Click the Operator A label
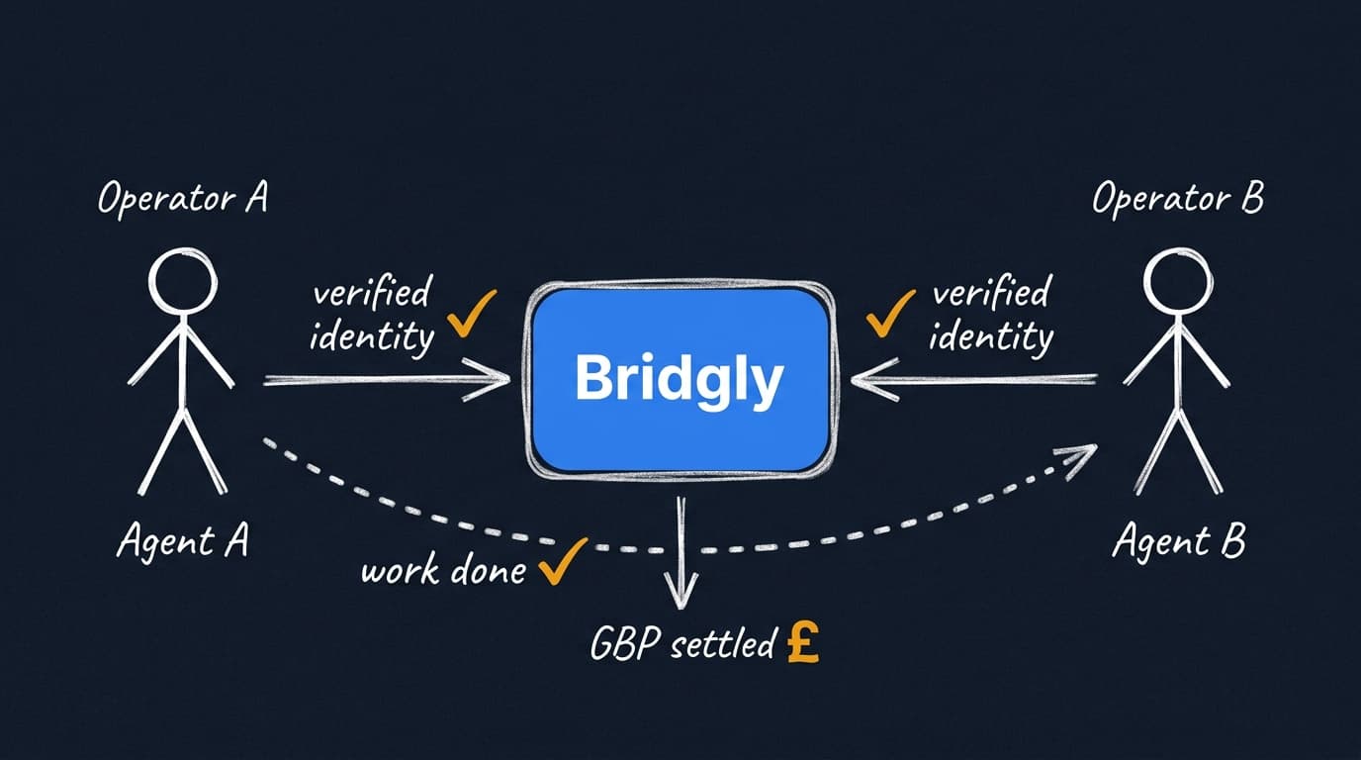point(182,199)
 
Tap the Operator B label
point(1177,199)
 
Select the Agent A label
point(182,541)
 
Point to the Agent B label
point(1178,542)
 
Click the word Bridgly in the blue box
point(679,379)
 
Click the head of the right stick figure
point(1176,278)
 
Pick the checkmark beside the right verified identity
point(889,315)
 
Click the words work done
point(443,571)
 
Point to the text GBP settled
point(681,645)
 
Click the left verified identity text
point(372,315)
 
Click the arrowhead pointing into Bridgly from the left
point(495,380)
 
